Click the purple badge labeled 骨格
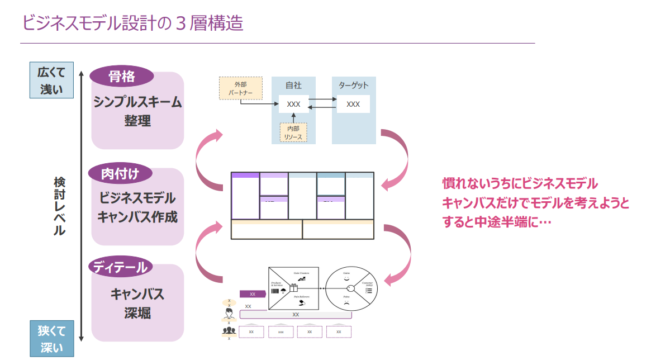(x=121, y=77)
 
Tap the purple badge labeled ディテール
(x=120, y=267)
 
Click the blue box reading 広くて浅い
(x=51, y=80)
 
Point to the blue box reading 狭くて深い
(x=51, y=339)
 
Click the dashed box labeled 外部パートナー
(x=240, y=88)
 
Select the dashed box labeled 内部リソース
(x=293, y=132)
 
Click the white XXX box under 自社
(x=293, y=104)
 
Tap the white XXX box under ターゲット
(x=353, y=104)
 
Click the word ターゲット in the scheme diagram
(x=353, y=86)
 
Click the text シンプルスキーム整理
(x=137, y=111)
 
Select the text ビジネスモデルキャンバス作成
(x=137, y=207)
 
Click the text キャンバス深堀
(x=137, y=303)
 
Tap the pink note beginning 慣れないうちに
(x=535, y=202)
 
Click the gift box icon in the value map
(x=293, y=288)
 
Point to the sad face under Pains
(x=346, y=302)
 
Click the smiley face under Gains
(x=346, y=278)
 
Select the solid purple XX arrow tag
(x=252, y=293)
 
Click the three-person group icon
(x=229, y=331)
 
